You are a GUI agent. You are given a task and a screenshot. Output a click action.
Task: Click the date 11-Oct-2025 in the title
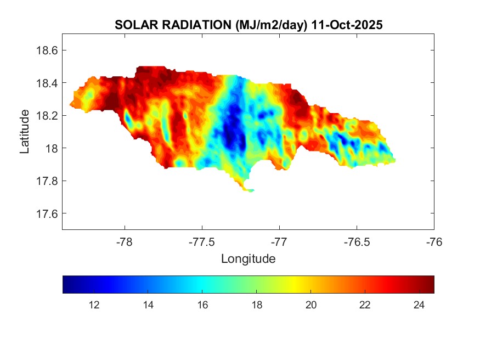pos(346,25)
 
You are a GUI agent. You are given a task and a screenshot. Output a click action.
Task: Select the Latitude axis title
pos(25,131)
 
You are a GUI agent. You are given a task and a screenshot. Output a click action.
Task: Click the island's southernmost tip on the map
pos(250,191)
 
